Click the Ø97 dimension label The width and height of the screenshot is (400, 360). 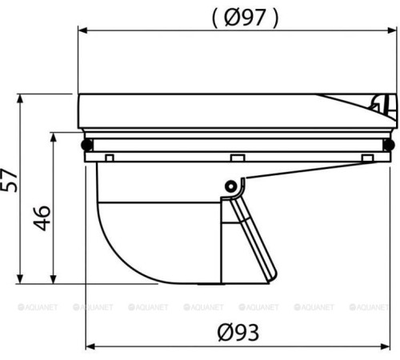[x=245, y=18]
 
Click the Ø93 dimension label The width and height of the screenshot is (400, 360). [x=238, y=332]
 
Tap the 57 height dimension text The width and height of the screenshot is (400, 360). [x=9, y=180]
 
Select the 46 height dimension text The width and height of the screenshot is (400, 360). [x=42, y=218]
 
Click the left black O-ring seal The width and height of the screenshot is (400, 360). [x=87, y=145]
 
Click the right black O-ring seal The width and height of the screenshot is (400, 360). [x=389, y=145]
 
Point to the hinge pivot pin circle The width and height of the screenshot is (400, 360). [x=230, y=186]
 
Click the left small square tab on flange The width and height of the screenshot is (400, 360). [x=110, y=158]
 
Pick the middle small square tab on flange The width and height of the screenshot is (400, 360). [x=238, y=158]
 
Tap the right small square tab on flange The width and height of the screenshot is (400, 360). [x=367, y=158]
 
